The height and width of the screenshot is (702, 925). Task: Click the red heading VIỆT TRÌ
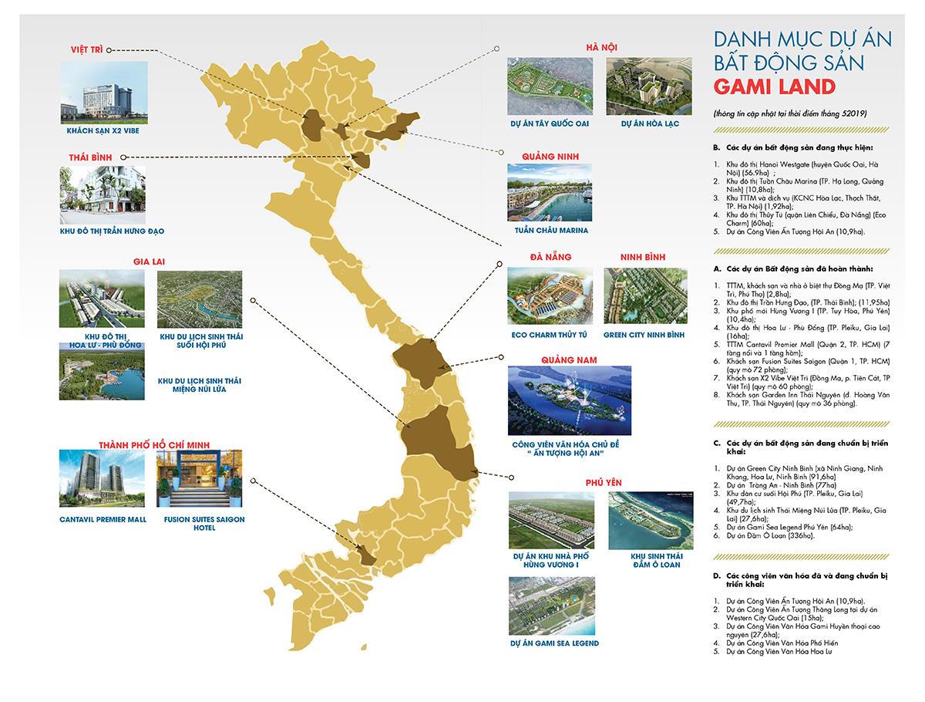pos(84,49)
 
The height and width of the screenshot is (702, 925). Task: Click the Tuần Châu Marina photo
pos(549,192)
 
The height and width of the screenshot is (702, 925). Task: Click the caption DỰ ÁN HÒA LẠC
pos(649,123)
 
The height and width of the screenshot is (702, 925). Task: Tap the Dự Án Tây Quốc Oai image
pos(549,86)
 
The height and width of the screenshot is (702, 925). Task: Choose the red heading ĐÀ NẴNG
pos(550,257)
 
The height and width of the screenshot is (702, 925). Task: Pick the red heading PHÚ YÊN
pos(602,483)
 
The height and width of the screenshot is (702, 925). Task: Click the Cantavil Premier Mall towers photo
pos(103,478)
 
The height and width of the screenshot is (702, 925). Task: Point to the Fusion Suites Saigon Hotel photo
pos(199,478)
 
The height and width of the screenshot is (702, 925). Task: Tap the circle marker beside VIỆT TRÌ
pos(109,49)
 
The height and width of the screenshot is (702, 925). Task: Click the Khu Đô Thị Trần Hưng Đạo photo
pos(103,194)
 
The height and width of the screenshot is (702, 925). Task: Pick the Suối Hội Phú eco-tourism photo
pos(199,299)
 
